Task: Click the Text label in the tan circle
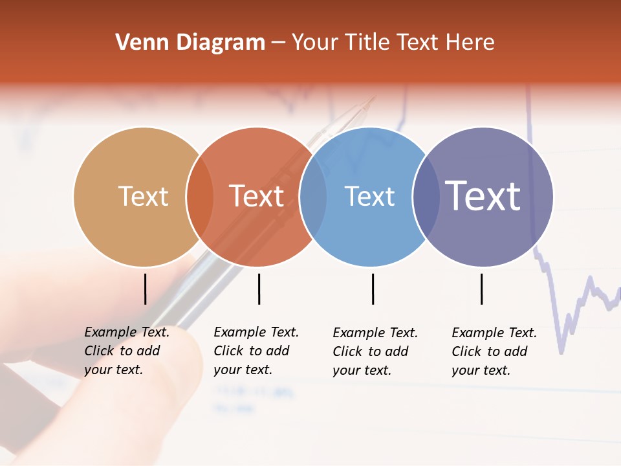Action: pyautogui.click(x=143, y=196)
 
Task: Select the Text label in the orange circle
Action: pyautogui.click(x=256, y=196)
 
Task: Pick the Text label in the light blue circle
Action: pyautogui.click(x=369, y=196)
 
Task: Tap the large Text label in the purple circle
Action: pyautogui.click(x=483, y=195)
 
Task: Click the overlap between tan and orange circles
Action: pyautogui.click(x=200, y=197)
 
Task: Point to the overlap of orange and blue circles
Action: pyautogui.click(x=313, y=197)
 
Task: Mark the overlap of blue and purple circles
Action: pyautogui.click(x=426, y=197)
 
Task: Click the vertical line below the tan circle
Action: pyautogui.click(x=145, y=289)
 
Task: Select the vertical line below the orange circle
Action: pyautogui.click(x=259, y=289)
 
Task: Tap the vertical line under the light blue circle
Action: pyautogui.click(x=373, y=289)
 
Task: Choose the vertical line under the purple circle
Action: pyautogui.click(x=481, y=289)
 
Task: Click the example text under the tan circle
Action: pyautogui.click(x=126, y=351)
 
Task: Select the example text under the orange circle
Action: pyautogui.click(x=256, y=351)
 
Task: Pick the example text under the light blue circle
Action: pyautogui.click(x=375, y=351)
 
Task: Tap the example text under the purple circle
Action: pyautogui.click(x=494, y=351)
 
